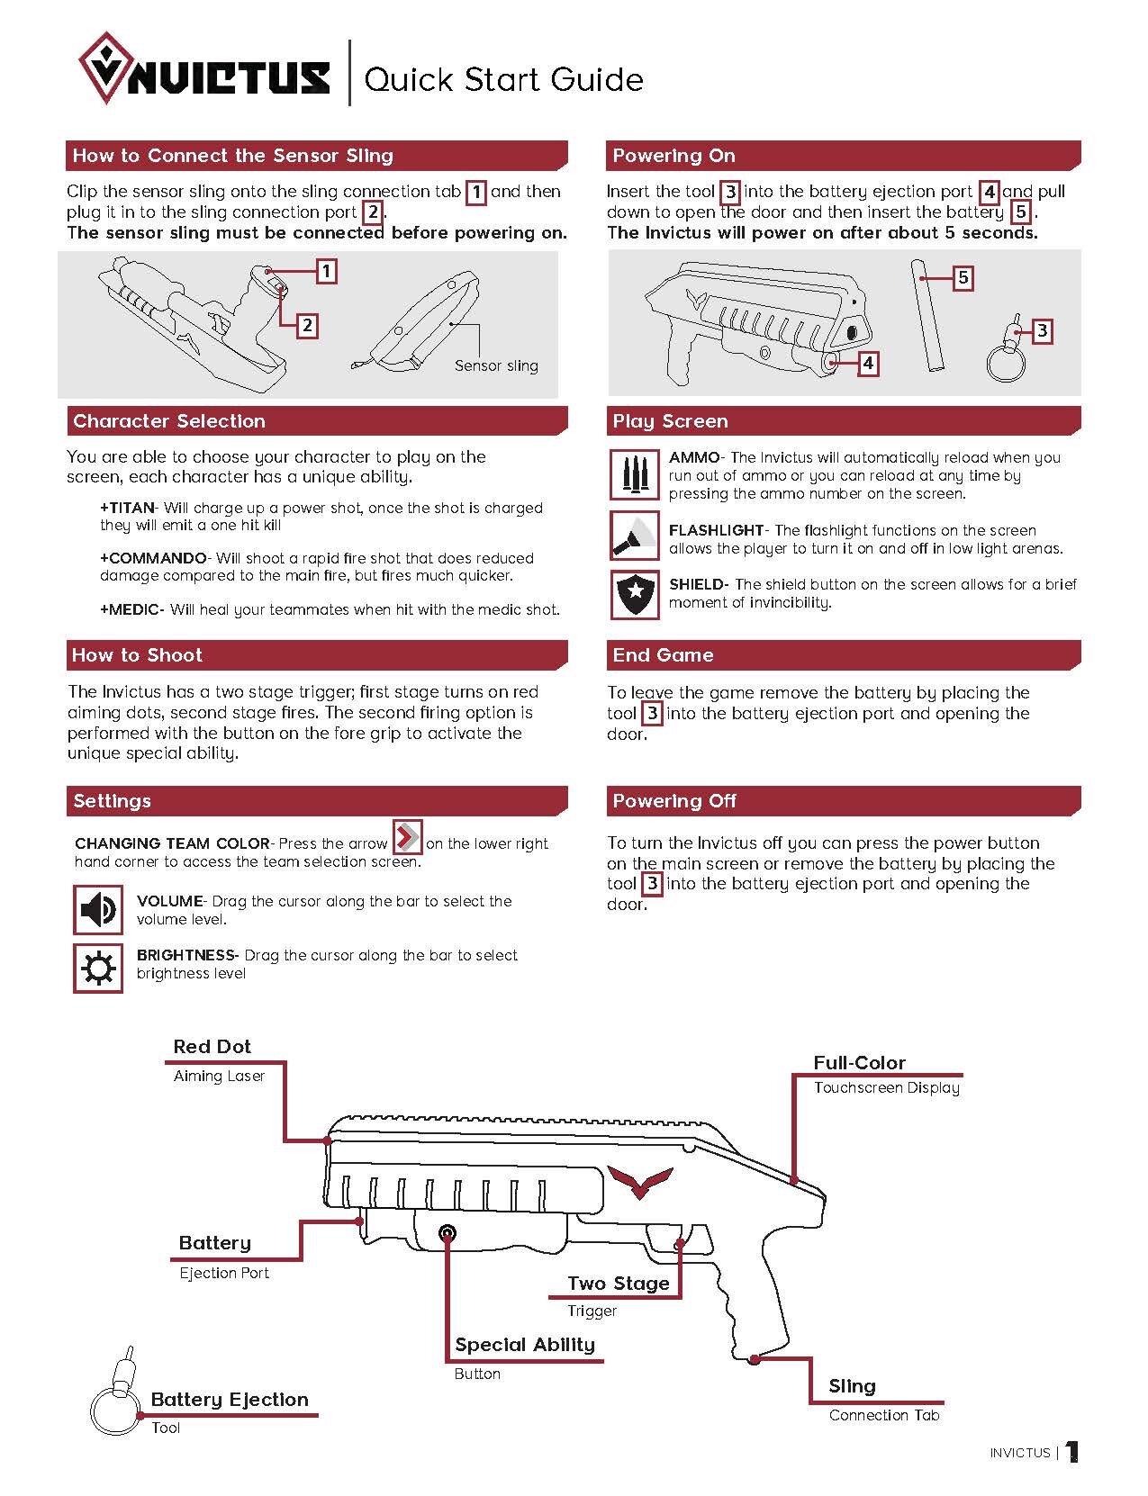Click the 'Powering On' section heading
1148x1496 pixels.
click(673, 156)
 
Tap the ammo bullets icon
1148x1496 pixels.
click(634, 474)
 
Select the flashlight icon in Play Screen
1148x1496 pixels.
click(634, 536)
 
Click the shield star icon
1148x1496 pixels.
click(634, 594)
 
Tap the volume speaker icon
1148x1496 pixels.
click(97, 910)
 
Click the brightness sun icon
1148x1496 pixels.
click(97, 968)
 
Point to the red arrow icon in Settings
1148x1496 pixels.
click(407, 837)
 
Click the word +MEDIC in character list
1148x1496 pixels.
click(131, 609)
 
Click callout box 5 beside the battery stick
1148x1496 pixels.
click(963, 277)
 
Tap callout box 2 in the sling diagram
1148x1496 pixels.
click(307, 325)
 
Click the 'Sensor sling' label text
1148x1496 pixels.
click(496, 365)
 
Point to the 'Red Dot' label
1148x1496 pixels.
click(212, 1047)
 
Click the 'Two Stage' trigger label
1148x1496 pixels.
click(619, 1284)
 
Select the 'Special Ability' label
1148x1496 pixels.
click(525, 1345)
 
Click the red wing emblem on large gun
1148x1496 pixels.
click(640, 1180)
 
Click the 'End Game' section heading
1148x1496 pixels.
click(663, 655)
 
